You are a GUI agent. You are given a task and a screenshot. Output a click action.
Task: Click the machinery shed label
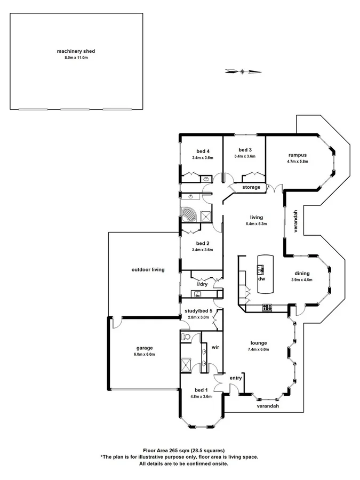(x=76, y=51)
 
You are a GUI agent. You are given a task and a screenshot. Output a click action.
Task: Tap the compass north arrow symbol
(x=243, y=70)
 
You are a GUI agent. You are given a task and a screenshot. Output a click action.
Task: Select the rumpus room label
(x=298, y=155)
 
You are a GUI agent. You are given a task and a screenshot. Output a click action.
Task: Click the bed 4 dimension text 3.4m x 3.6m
(x=203, y=158)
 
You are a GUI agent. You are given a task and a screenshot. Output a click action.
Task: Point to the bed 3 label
(x=245, y=149)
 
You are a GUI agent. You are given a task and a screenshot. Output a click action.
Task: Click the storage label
(x=251, y=187)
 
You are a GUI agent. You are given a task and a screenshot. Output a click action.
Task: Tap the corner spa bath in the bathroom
(x=188, y=214)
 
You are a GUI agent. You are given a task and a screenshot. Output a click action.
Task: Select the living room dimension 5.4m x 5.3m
(x=256, y=224)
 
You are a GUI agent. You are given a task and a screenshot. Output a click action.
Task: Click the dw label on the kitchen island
(x=261, y=279)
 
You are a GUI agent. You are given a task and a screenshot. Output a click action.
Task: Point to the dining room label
(x=302, y=274)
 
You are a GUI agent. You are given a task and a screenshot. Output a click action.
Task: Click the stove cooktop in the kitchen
(x=267, y=307)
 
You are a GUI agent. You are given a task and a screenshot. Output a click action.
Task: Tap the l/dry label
(x=202, y=284)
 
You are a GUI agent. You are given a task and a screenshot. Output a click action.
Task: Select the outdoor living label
(x=148, y=270)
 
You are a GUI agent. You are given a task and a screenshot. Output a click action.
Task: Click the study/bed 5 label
(x=198, y=310)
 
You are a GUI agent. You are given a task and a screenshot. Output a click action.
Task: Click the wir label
(x=215, y=347)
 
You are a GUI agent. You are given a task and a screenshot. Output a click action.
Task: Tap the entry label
(x=235, y=378)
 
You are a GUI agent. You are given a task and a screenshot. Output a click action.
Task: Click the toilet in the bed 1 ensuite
(x=185, y=337)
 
